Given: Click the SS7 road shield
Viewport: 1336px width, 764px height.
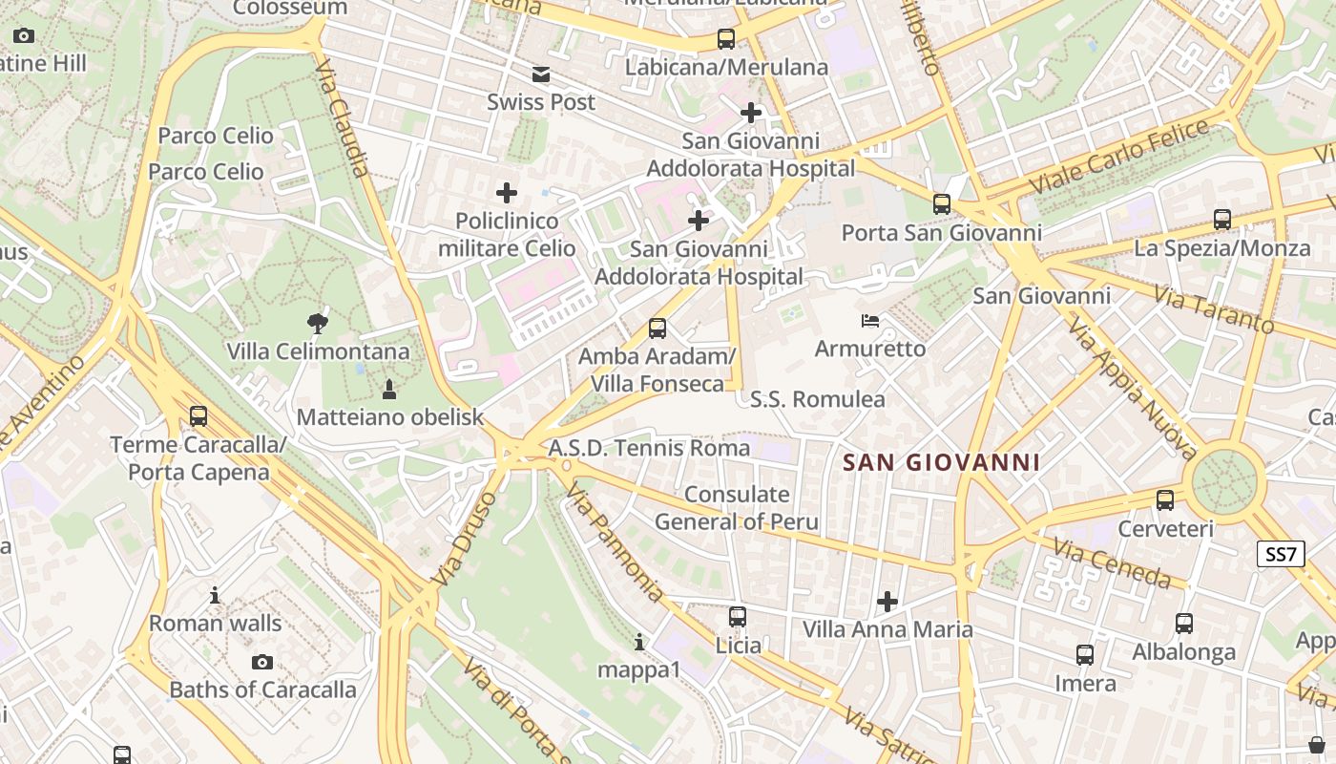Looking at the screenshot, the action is pos(1281,554).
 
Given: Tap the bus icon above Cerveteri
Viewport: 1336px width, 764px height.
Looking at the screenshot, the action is pos(1165,499).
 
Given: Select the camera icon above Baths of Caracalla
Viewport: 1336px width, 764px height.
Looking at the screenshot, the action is pos(262,662).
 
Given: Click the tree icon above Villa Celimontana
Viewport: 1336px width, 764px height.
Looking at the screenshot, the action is pos(318,323).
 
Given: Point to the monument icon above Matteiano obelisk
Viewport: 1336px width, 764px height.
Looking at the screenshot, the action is pos(389,389).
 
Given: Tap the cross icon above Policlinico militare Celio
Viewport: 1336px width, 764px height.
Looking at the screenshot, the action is pos(507,193).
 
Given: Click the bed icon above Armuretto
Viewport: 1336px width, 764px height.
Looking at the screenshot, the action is pos(870,320).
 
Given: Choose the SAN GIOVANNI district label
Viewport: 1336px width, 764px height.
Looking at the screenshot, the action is pos(942,463).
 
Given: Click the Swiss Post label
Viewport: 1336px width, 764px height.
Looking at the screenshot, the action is pos(541,102).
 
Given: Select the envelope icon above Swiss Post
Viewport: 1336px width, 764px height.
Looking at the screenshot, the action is pos(541,74).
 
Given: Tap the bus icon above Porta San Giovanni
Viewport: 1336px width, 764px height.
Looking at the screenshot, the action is pos(942,203).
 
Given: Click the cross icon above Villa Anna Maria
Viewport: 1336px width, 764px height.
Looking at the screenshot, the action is pos(887,602).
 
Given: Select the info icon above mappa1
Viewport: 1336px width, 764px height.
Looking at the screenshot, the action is pos(639,642).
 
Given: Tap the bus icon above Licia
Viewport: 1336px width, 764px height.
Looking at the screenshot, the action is pos(738,617).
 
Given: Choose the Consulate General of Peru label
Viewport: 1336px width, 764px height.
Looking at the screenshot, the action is pos(737,508).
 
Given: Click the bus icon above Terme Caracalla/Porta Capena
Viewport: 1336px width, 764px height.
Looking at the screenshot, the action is pos(198,416).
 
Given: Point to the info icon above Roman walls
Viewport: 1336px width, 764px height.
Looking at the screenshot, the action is pos(215,596).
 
